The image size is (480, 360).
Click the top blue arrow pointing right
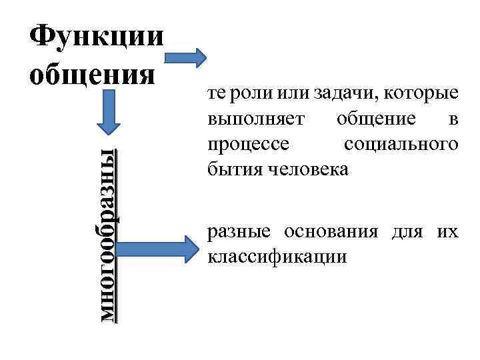[x=187, y=57]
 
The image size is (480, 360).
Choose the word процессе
[x=244, y=145]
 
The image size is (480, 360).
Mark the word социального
[x=402, y=144]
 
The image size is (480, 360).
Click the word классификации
[x=277, y=257]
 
